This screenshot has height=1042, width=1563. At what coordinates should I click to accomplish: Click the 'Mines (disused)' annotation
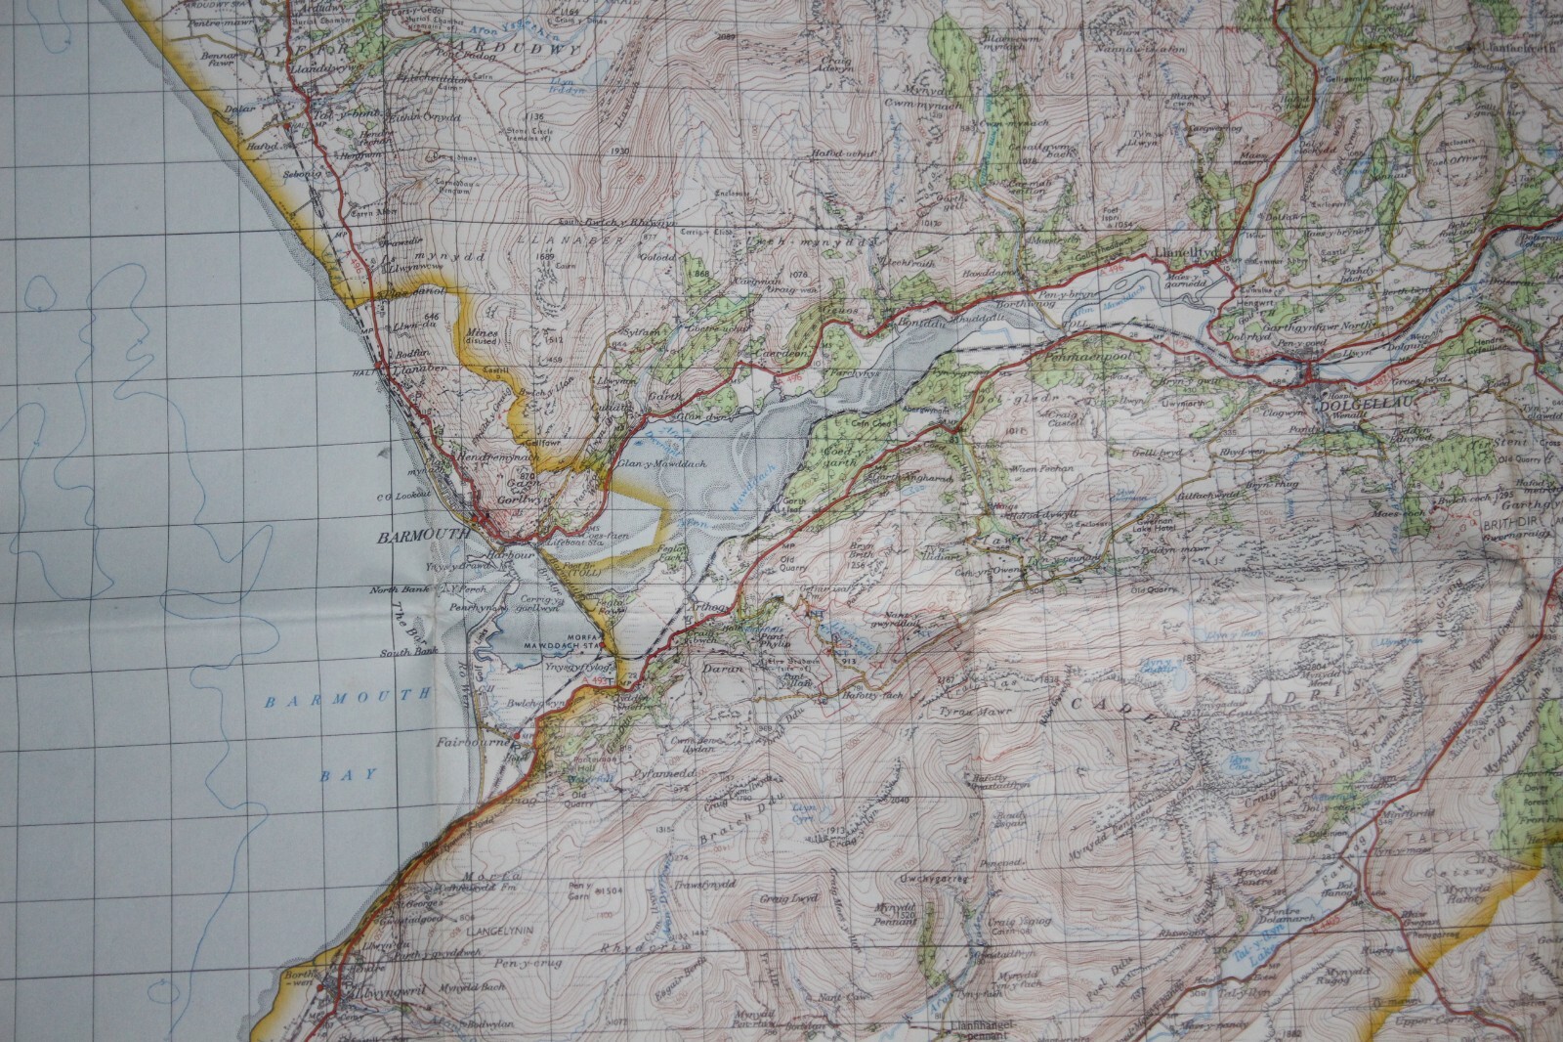click(484, 338)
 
